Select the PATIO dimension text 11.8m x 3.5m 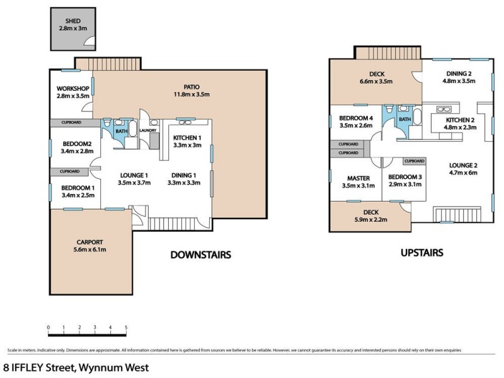[188, 94]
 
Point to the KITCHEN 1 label [186, 137]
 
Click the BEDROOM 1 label [78, 188]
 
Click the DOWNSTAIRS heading [200, 255]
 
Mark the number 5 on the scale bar [126, 328]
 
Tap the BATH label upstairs [405, 118]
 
